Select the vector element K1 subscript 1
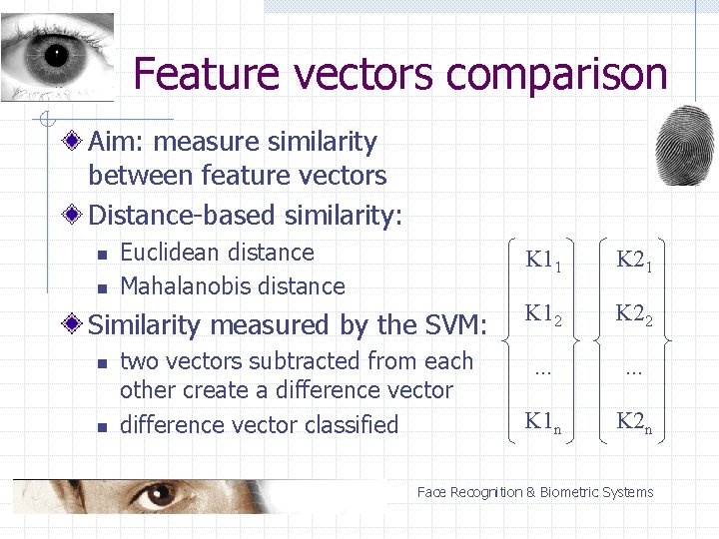pos(544,262)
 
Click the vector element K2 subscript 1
pos(634,262)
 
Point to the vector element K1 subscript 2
pos(544,314)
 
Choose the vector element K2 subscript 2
pos(634,314)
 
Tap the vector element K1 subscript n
pos(544,421)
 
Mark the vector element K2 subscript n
pos(634,421)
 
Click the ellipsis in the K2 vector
pos(633,370)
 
